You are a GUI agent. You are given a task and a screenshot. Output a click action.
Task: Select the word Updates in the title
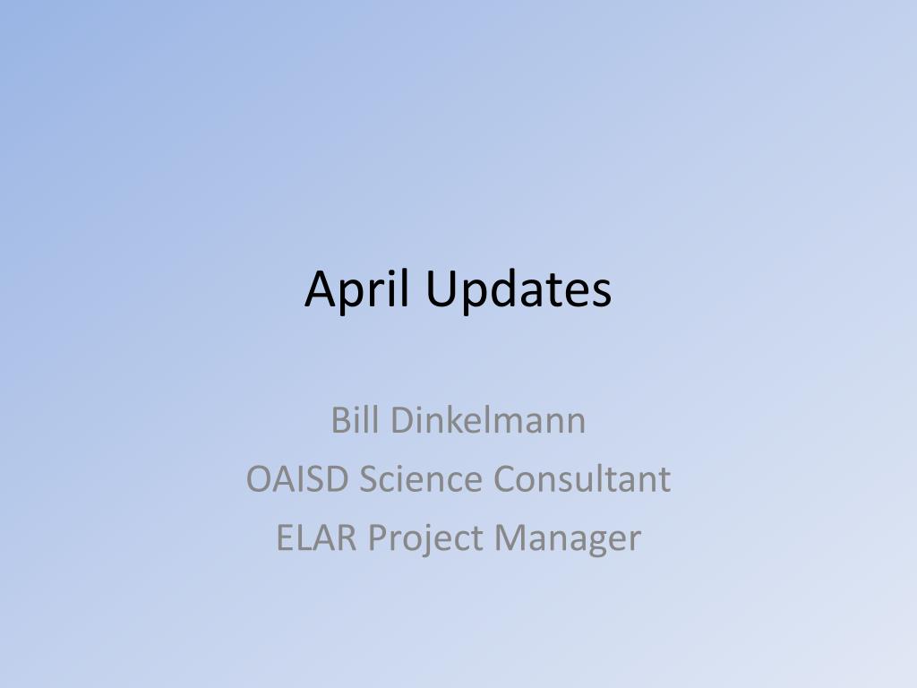point(518,289)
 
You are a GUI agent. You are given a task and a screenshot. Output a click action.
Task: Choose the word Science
point(421,478)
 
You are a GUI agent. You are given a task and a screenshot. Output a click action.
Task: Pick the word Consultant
point(582,478)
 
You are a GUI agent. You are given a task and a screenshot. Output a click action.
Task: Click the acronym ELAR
point(317,537)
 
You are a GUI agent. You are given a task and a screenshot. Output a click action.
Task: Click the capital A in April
point(321,289)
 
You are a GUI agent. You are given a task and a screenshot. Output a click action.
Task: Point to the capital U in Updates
point(440,289)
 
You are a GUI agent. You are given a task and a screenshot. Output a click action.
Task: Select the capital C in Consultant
point(505,478)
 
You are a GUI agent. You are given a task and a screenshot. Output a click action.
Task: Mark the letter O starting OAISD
point(259,478)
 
